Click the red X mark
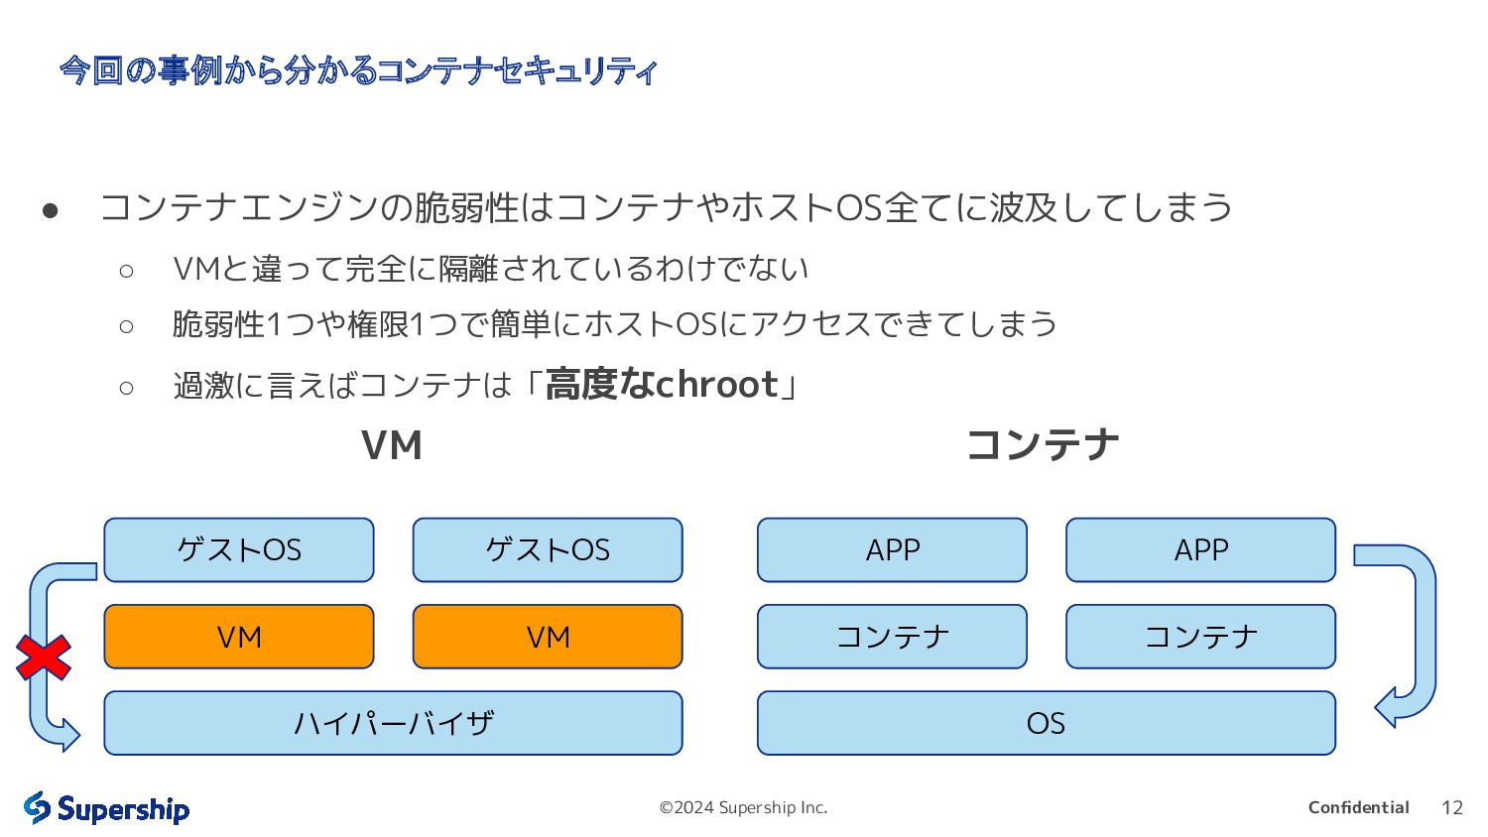pyautogui.click(x=44, y=658)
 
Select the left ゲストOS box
pyautogui.click(x=239, y=549)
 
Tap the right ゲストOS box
pyautogui.click(x=548, y=549)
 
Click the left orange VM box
pyautogui.click(x=239, y=637)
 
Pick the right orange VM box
pyautogui.click(x=548, y=637)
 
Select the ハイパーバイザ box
pyautogui.click(x=393, y=723)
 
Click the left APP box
pyautogui.click(x=892, y=549)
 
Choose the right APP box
pyautogui.click(x=1200, y=549)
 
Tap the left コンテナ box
pyautogui.click(x=892, y=637)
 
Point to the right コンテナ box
pyautogui.click(x=1200, y=637)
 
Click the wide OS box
pyautogui.click(x=1046, y=723)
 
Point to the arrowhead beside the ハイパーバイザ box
pyautogui.click(x=69, y=735)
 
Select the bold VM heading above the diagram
pyautogui.click(x=392, y=445)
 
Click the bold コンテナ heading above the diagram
pyautogui.click(x=1043, y=444)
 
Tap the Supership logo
pyautogui.click(x=106, y=808)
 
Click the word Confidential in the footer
pyautogui.click(x=1358, y=807)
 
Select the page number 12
pyautogui.click(x=1451, y=807)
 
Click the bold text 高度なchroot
pyautogui.click(x=662, y=384)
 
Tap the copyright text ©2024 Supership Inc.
pyautogui.click(x=743, y=807)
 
